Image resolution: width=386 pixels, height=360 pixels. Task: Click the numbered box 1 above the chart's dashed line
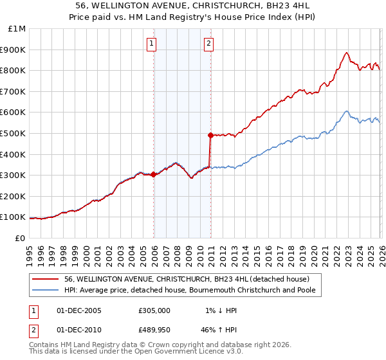152,44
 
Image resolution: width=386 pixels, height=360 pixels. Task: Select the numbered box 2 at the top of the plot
209,44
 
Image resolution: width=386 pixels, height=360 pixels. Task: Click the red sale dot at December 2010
210,135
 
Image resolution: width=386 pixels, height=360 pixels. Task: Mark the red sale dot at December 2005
154,174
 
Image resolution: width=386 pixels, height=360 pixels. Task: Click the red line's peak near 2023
346,53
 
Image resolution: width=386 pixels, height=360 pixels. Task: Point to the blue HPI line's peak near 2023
346,111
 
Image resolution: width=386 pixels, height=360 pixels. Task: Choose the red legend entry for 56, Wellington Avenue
187,279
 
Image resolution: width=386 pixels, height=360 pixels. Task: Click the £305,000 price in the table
154,310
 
